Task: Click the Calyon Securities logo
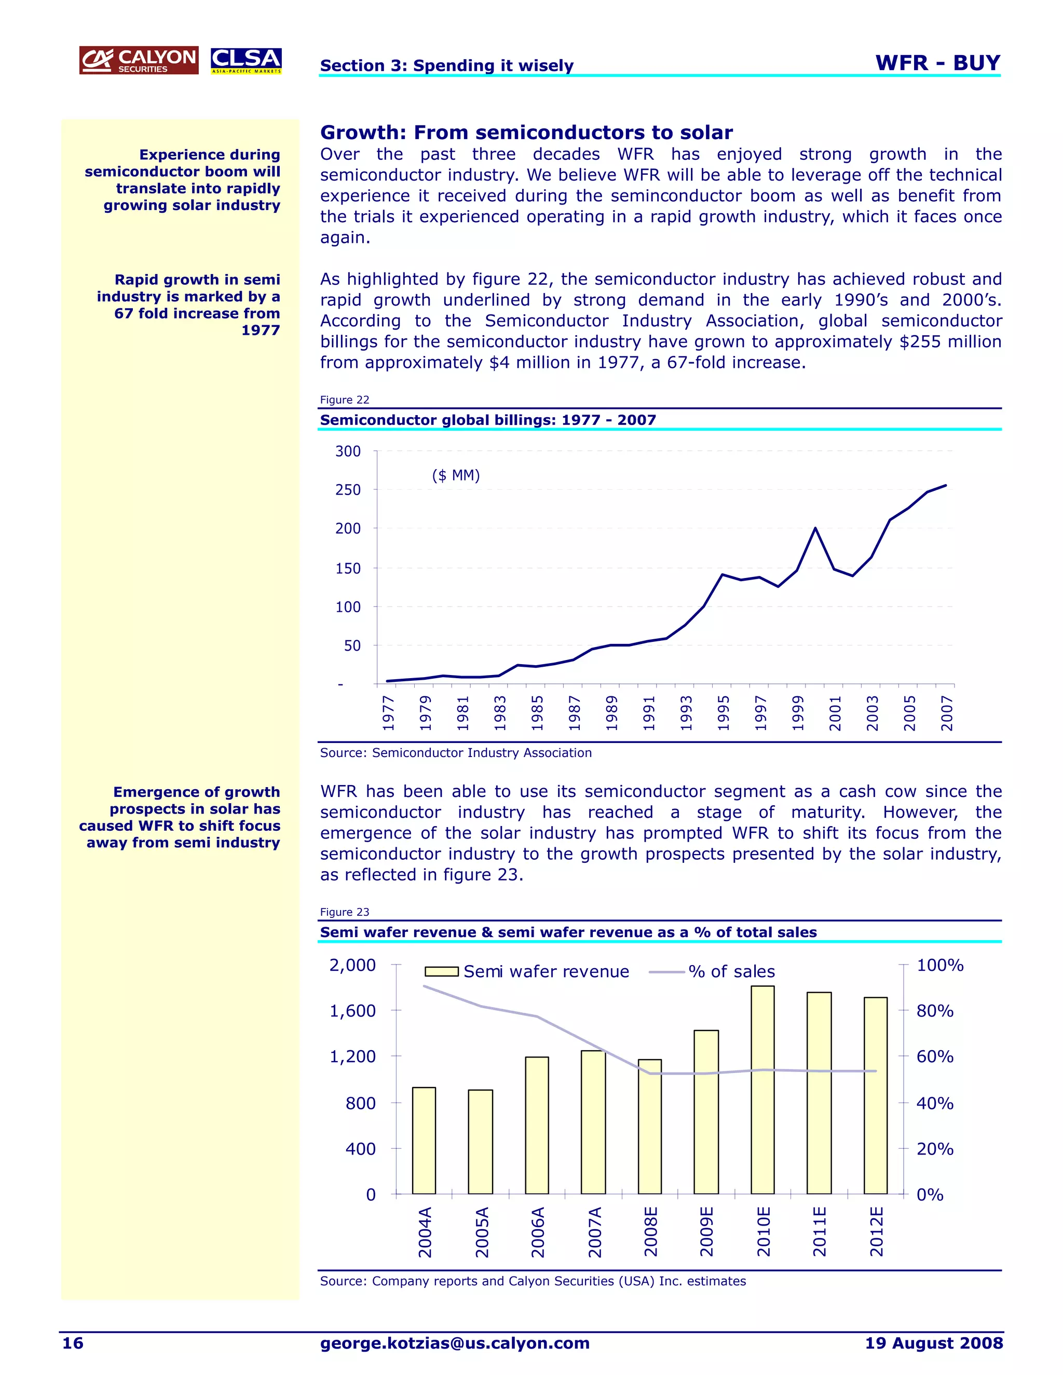(x=139, y=60)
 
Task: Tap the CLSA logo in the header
(x=246, y=60)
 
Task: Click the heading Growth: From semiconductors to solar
(x=526, y=132)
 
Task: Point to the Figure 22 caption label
(x=345, y=400)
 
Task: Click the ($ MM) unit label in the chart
(x=456, y=475)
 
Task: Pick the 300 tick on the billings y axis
(x=348, y=451)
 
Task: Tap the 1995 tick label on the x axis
(x=724, y=713)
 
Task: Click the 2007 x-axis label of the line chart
(x=947, y=713)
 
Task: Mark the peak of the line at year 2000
(x=815, y=528)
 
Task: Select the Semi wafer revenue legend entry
(x=528, y=971)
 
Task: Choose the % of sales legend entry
(x=712, y=971)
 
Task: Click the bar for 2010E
(x=762, y=1089)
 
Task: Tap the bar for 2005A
(x=481, y=1142)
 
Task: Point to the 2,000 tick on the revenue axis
(x=352, y=965)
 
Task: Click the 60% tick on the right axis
(x=934, y=1056)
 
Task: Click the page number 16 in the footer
(x=73, y=1343)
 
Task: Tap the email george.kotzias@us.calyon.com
(x=455, y=1343)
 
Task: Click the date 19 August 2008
(x=933, y=1343)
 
